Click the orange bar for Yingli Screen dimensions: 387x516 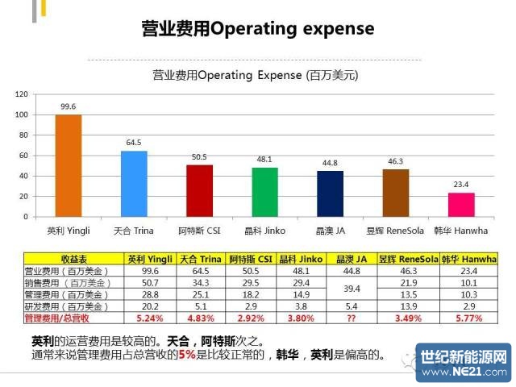68,165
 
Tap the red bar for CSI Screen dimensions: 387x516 199,190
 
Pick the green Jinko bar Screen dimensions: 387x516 264,192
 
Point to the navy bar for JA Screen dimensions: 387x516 330,193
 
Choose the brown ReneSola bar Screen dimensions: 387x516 395,193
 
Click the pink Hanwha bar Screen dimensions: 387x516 461,205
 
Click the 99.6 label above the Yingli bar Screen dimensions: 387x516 68,106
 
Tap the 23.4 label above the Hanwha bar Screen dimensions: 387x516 461,184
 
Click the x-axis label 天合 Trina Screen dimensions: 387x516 134,230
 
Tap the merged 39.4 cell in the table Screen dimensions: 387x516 352,288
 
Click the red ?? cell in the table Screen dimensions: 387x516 352,318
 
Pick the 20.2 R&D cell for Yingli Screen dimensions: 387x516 150,307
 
